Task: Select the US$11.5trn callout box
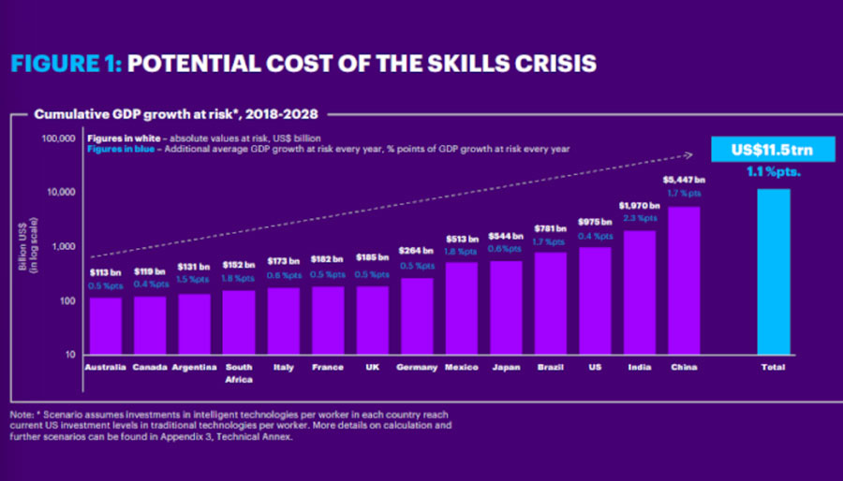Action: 773,151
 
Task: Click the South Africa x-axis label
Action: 239,373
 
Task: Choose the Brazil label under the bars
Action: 549,367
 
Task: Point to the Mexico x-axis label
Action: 461,367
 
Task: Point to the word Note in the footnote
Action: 22,414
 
